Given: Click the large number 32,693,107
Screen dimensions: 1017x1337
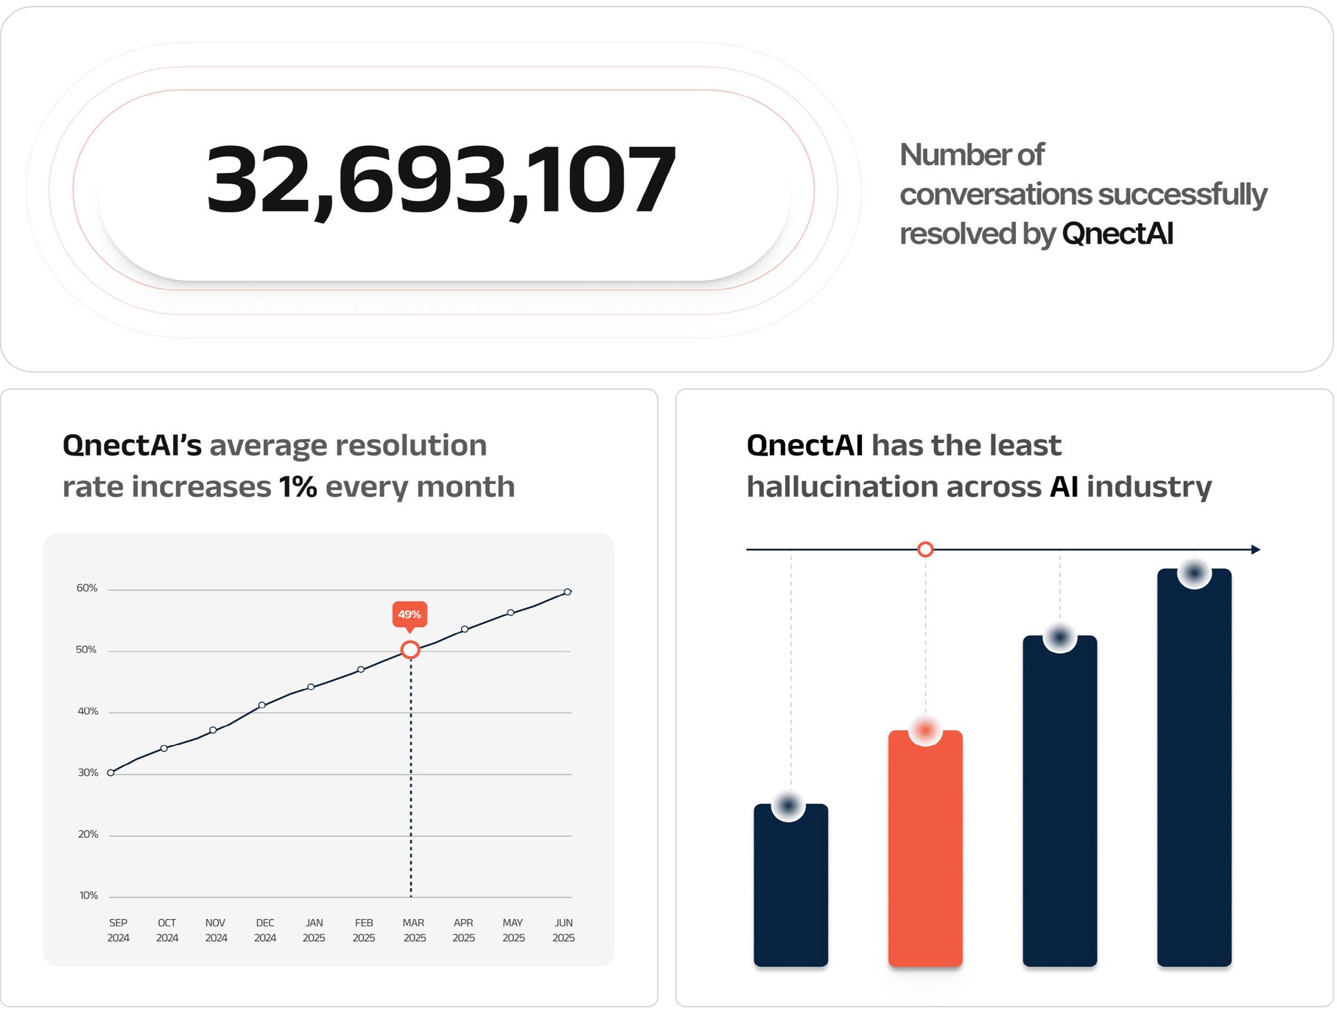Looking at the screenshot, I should point(441,180).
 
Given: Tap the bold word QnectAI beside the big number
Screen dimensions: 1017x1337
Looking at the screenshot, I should point(1117,234).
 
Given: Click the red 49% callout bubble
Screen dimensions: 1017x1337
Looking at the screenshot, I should point(410,615).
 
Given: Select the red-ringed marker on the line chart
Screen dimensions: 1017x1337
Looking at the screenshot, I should point(410,649).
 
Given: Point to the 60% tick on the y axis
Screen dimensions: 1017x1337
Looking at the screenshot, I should point(87,588).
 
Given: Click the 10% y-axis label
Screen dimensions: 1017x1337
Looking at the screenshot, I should point(88,895).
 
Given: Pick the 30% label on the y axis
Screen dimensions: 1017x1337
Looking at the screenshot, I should point(88,772).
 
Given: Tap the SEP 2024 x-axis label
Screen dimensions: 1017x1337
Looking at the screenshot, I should point(118,930).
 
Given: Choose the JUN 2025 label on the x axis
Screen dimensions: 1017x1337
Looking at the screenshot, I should point(564,930).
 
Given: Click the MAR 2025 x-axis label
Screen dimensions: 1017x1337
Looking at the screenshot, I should point(414,930).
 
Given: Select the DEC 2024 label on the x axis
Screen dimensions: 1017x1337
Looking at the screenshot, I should point(265,930).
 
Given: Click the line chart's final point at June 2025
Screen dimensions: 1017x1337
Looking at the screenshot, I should point(567,592).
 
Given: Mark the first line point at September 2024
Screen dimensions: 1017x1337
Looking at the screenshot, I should point(110,772).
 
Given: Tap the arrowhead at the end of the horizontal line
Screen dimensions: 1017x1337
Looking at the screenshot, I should point(1256,550).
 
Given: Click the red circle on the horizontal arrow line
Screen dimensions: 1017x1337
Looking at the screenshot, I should point(925,550).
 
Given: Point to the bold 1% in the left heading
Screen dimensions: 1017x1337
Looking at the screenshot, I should point(298,487).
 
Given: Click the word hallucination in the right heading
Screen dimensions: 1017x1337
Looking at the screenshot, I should point(842,487).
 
